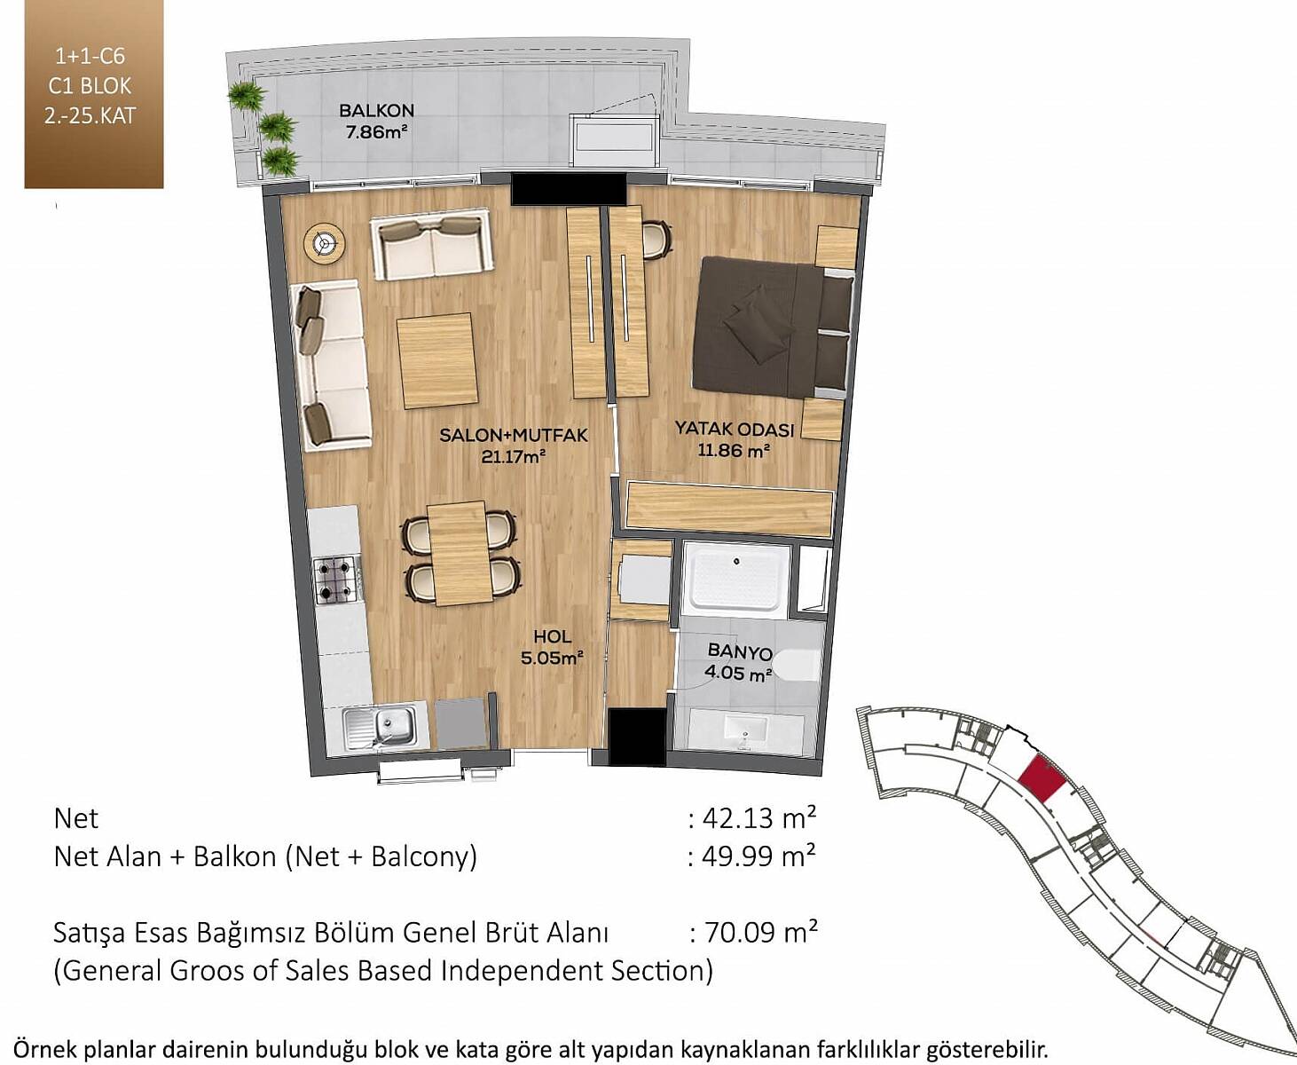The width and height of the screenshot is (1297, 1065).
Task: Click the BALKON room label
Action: (376, 111)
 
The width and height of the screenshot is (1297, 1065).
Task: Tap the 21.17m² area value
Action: (515, 457)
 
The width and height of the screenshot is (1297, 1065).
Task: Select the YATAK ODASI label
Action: (735, 429)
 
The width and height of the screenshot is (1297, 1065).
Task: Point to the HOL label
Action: (553, 636)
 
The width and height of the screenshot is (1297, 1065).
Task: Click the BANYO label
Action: (740, 651)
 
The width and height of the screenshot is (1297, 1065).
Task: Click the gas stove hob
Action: (336, 579)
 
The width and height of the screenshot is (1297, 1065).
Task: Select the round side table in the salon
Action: (324, 244)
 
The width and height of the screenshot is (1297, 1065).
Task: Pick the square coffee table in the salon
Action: (437, 360)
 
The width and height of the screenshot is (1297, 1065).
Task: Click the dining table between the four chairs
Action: (460, 553)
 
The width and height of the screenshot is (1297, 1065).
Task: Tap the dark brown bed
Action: (773, 327)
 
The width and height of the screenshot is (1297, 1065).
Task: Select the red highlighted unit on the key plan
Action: (1042, 779)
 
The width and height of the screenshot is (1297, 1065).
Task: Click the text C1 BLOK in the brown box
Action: (90, 86)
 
